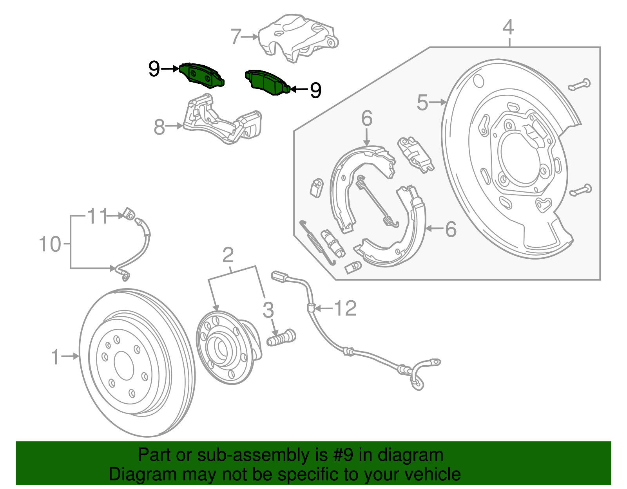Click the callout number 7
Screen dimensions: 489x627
(x=236, y=37)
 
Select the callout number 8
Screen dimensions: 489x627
(x=159, y=127)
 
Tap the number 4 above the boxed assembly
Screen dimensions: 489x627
(x=508, y=27)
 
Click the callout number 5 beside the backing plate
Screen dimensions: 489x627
(x=422, y=103)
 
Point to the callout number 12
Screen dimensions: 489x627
(x=345, y=309)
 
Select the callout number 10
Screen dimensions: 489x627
(x=50, y=244)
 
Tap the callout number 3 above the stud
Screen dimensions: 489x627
(x=268, y=310)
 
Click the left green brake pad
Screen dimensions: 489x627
(x=202, y=75)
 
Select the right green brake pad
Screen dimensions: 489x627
(x=268, y=83)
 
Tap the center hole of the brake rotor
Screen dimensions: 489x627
(x=124, y=365)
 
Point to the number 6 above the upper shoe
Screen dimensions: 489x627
(x=367, y=119)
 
